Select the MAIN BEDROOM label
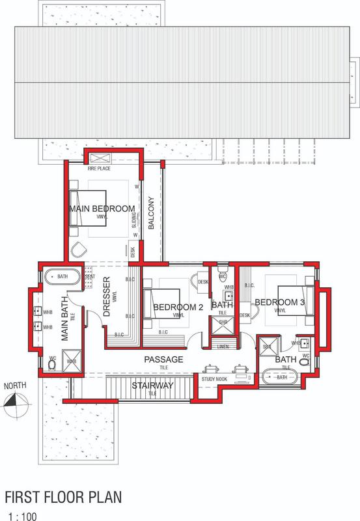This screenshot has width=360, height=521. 102,209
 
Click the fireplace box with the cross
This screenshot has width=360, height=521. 101,158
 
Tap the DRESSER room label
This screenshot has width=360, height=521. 108,298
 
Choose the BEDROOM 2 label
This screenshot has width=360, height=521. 178,307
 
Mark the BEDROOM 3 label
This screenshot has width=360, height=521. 279,302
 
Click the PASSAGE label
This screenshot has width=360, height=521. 163,359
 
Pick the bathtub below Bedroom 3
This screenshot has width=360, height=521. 282,377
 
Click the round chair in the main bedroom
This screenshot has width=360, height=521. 80,249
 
